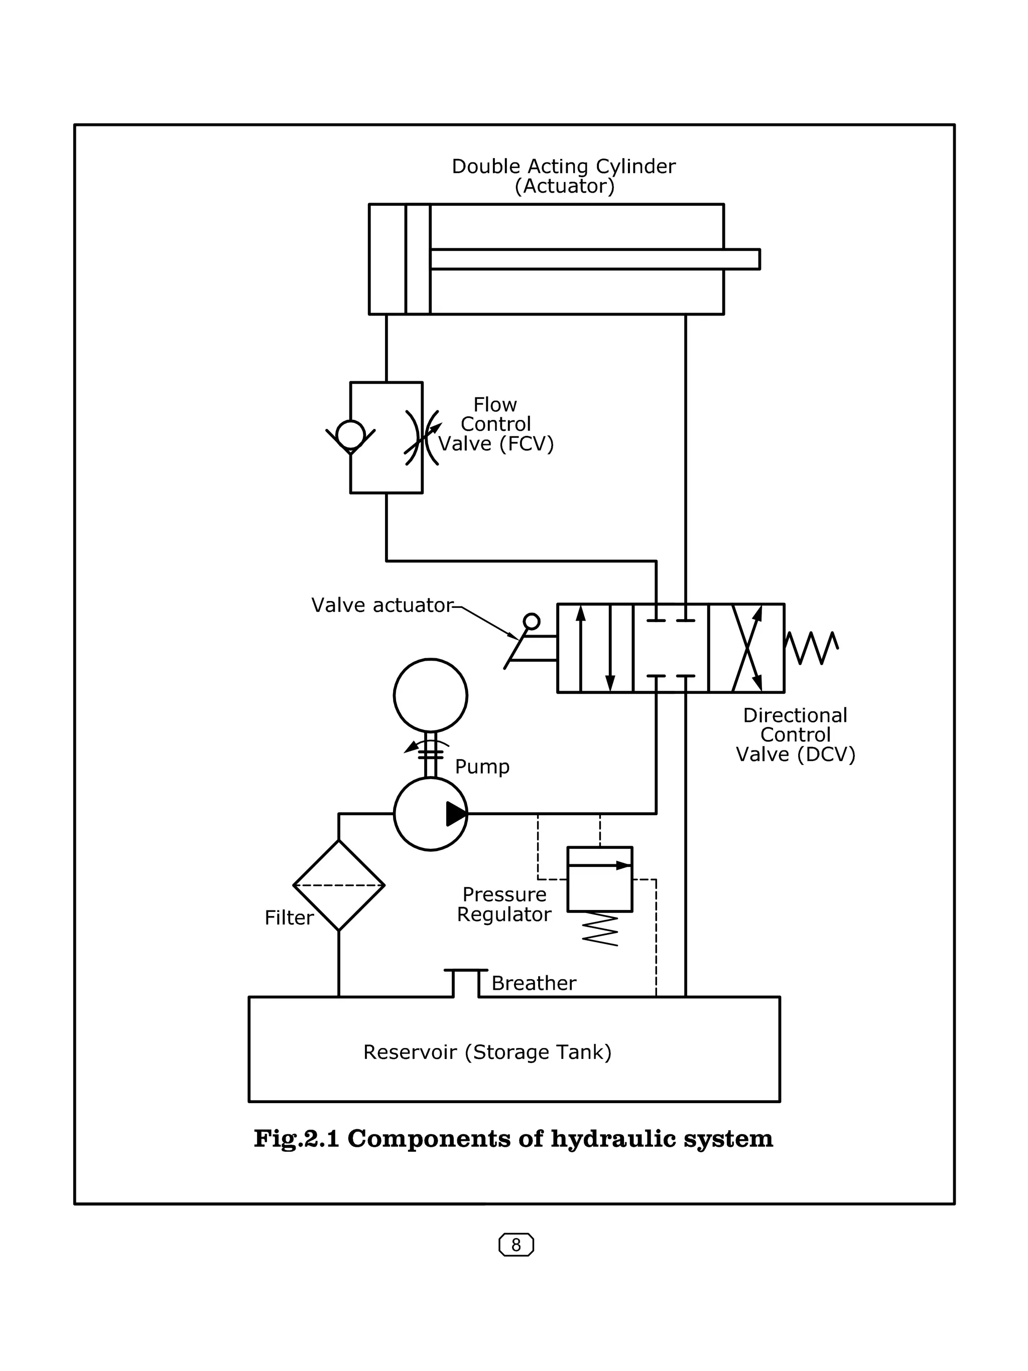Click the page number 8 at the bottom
click(516, 1245)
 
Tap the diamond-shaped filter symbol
click(338, 885)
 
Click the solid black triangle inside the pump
click(456, 814)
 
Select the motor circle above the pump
click(430, 695)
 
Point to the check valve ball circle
click(350, 434)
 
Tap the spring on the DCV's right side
click(812, 648)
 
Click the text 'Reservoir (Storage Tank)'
click(487, 1052)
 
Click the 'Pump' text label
click(482, 767)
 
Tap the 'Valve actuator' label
click(382, 605)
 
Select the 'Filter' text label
click(289, 918)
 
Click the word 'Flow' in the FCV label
click(495, 405)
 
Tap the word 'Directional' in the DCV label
click(795, 715)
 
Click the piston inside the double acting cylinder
click(418, 259)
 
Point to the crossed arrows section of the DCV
click(746, 648)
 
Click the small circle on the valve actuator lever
click(532, 621)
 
